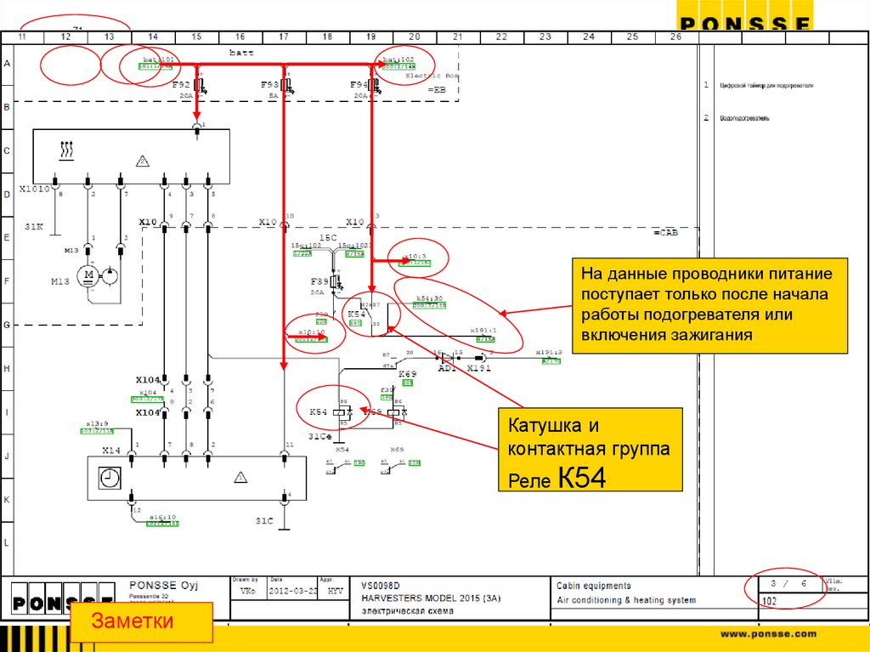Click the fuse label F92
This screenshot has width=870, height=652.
pos(181,85)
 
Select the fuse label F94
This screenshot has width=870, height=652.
pos(358,85)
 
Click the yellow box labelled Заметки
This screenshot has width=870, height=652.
pos(141,621)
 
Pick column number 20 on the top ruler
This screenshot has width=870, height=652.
pos(414,37)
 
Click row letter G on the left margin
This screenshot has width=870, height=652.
pos(8,324)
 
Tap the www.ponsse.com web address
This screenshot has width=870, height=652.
pos(768,633)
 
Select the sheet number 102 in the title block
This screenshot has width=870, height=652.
pos(770,601)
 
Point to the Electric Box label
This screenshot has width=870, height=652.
pos(431,77)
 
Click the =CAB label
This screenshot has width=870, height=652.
pos(666,231)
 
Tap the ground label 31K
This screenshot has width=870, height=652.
pos(34,226)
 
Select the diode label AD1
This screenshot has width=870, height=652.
pos(448,369)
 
